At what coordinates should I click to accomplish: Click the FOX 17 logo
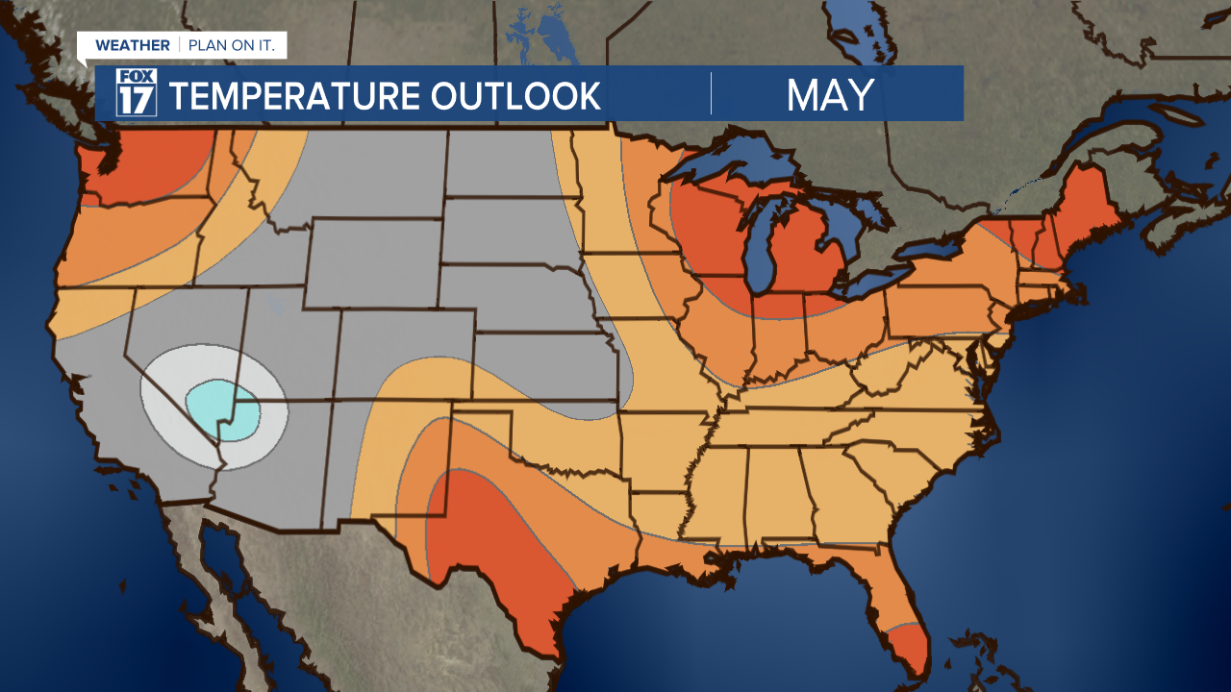[x=136, y=93]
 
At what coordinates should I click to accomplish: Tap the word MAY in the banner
[x=830, y=94]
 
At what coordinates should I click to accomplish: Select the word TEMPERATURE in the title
[x=292, y=95]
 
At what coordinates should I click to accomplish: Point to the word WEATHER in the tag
[x=133, y=45]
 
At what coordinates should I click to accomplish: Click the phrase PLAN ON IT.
[x=232, y=45]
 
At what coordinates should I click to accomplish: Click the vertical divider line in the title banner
[x=712, y=93]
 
